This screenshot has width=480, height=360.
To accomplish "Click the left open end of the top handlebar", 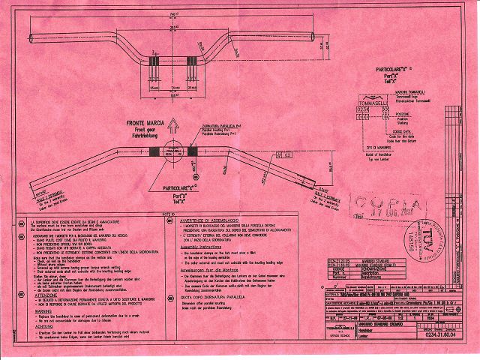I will click(29, 38).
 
